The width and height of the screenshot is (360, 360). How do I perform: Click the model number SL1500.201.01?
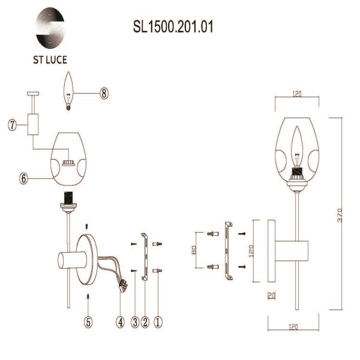tap(173, 28)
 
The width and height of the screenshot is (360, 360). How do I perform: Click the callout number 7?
tap(12, 125)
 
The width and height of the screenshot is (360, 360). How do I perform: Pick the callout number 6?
tap(23, 178)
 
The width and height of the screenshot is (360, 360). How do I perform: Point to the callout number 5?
tap(88, 321)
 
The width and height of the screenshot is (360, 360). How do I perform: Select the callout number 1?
tap(157, 321)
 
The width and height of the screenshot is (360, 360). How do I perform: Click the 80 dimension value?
tap(194, 249)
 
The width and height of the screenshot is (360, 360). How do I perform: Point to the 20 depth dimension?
tap(271, 295)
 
